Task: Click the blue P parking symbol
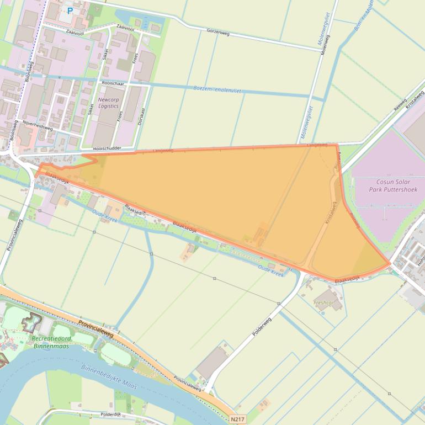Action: click(x=70, y=10)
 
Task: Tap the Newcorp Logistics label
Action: click(x=108, y=102)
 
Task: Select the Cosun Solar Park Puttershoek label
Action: click(x=393, y=185)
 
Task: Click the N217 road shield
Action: click(x=237, y=419)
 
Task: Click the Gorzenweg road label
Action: click(x=218, y=32)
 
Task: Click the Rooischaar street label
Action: click(x=113, y=83)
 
